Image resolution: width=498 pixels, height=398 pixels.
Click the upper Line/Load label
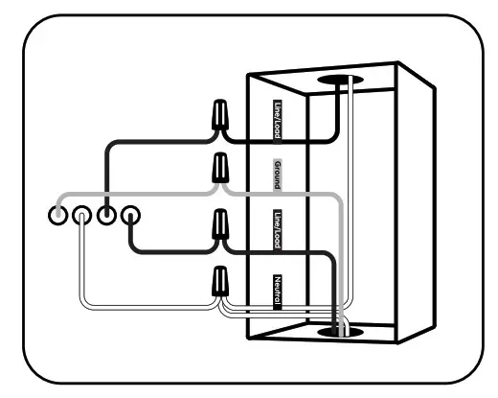pos(278,120)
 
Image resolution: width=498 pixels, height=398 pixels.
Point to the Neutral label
pos(278,290)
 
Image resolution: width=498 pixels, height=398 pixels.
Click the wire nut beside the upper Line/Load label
pos(220,117)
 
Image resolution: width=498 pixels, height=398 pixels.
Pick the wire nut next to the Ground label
pos(220,170)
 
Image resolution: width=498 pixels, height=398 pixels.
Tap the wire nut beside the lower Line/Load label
pos(220,228)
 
